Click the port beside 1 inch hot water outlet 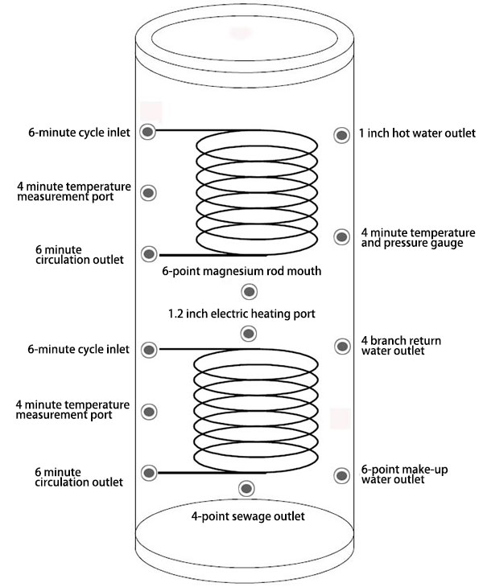(x=341, y=133)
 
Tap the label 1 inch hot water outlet (x=417, y=133)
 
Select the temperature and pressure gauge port (x=341, y=236)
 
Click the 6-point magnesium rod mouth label (x=242, y=271)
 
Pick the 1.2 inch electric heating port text (x=242, y=313)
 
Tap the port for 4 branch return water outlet (x=341, y=346)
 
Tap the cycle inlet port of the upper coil (x=148, y=132)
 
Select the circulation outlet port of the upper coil (x=148, y=254)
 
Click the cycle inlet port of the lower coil (x=148, y=350)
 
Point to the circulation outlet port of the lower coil (x=148, y=472)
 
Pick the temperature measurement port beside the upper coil (x=148, y=193)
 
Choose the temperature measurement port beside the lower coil (x=148, y=412)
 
